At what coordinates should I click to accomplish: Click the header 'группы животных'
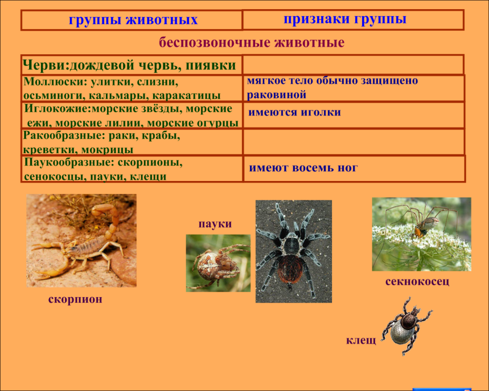tap(133, 21)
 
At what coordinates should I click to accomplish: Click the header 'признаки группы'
tap(344, 19)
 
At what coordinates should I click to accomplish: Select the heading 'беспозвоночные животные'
tap(251, 42)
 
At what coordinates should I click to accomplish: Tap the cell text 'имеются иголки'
tap(294, 113)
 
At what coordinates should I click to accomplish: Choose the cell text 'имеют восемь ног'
tap(303, 168)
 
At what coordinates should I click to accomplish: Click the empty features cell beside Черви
tap(352, 65)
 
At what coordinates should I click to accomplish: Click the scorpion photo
tap(81, 241)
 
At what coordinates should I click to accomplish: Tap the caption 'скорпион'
tap(75, 299)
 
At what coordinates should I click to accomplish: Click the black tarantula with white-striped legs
tap(293, 251)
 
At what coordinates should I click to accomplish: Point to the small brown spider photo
tap(218, 263)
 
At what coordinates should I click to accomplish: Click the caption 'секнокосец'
tap(417, 281)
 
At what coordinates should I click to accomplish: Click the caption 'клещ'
tap(361, 341)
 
